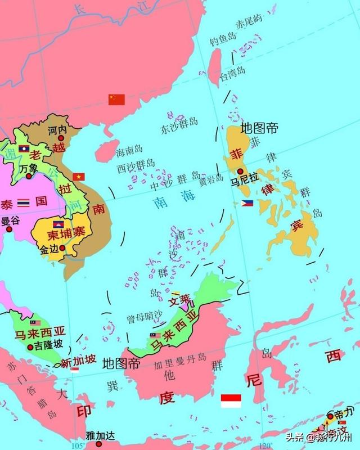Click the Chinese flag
coord(116,100)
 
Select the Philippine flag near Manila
coord(247,203)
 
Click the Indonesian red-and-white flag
coord(231,400)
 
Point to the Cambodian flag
coord(58,224)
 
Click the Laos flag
coord(24,148)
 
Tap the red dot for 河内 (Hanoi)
coord(61,137)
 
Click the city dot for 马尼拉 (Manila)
coord(241,172)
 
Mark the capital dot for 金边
coord(62,247)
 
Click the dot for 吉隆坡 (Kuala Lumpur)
coord(30,347)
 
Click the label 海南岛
coord(129,152)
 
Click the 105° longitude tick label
coord(79,446)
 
